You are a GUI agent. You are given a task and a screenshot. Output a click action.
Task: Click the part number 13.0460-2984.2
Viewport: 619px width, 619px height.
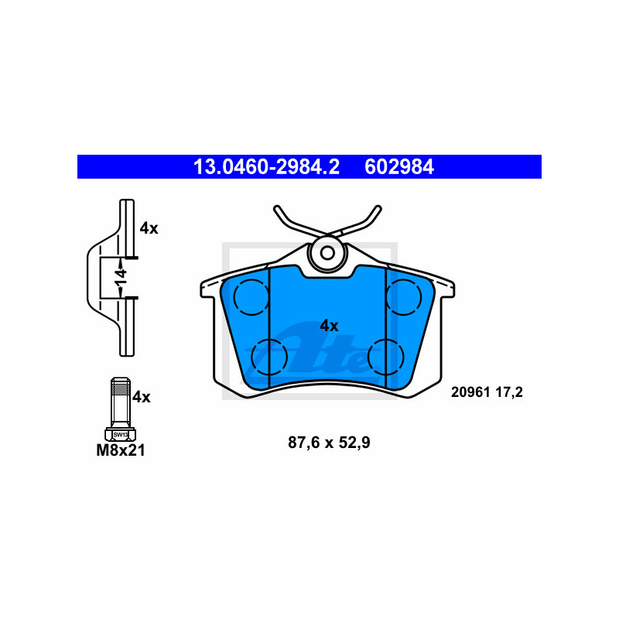point(265,166)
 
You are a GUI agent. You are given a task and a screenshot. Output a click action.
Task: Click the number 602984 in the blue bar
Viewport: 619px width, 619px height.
point(399,166)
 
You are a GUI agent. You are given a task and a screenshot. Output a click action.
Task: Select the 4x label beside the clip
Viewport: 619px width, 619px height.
point(149,228)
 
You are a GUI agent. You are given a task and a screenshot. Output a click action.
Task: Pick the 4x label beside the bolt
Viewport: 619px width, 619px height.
point(141,397)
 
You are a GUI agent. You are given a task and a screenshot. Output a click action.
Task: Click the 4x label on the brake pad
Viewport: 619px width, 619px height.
point(329,326)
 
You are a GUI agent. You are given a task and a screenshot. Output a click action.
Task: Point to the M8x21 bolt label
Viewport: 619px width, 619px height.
point(120,450)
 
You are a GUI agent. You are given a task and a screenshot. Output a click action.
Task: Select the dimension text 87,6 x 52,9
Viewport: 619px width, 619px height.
point(329,443)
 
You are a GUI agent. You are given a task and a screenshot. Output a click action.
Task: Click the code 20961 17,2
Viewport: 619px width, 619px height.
point(487,392)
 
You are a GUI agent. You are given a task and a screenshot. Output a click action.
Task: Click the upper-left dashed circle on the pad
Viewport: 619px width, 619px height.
point(249,297)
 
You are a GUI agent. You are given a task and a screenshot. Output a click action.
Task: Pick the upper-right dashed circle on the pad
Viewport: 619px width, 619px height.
point(403,297)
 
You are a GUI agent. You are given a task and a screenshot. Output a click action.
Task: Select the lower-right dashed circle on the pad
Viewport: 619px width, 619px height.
point(385,355)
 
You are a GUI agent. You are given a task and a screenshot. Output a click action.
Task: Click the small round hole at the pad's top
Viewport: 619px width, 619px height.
point(327,252)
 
